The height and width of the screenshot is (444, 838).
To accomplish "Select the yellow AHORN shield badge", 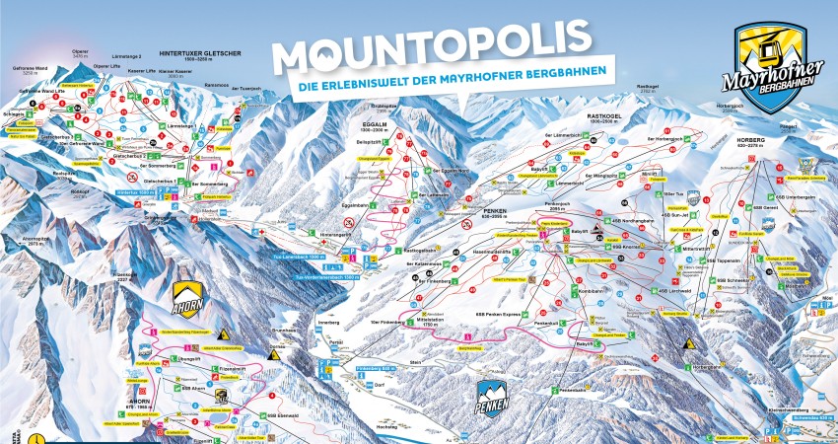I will tap(188, 297).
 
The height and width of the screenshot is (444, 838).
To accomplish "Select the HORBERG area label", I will tap(750, 140).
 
